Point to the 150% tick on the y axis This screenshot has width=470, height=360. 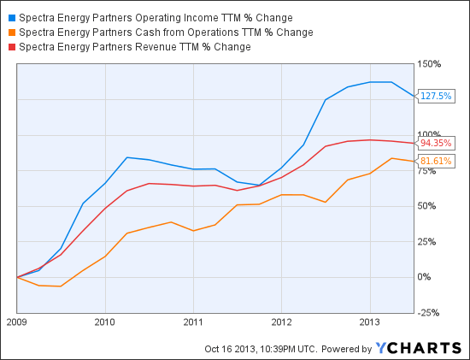pos(428,64)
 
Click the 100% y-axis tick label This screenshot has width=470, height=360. pos(428,135)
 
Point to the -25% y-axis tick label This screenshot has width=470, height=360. pos(428,312)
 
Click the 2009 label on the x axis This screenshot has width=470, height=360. pos(17,324)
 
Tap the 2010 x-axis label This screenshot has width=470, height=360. pos(105,324)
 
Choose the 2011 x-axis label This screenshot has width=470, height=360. pos(193,324)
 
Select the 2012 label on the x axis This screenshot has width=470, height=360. pos(281,324)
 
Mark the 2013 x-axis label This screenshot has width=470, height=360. pos(369,324)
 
